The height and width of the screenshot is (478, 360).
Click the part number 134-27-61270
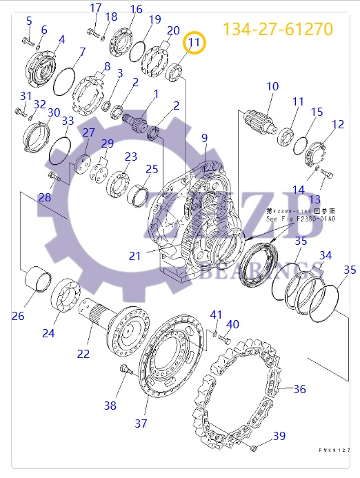coord(277,29)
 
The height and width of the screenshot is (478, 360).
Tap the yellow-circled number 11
coord(194,43)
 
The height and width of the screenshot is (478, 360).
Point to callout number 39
coord(279,435)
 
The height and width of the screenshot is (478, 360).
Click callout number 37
coord(141,423)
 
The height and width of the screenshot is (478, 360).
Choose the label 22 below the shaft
coord(83,354)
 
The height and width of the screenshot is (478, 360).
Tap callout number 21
coord(134,256)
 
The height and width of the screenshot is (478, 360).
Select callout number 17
coord(96,8)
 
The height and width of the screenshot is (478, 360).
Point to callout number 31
coord(26,96)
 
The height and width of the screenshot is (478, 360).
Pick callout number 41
coord(216,315)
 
